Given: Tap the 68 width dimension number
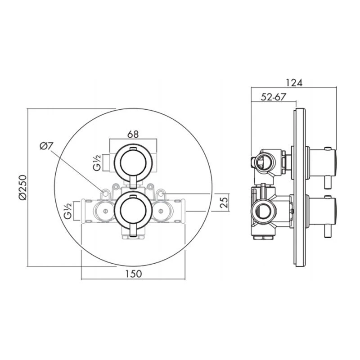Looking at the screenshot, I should click(133, 134).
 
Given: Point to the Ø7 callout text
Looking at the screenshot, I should click(46, 146).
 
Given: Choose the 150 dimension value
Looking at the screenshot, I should click(133, 273).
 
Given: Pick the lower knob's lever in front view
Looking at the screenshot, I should click(133, 230).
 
